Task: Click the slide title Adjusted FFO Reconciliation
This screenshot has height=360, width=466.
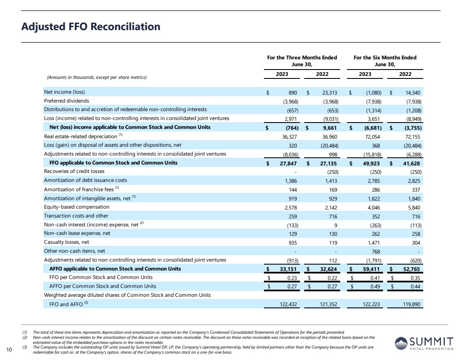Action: [x=91, y=27]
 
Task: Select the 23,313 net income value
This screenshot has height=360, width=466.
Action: [x=328, y=92]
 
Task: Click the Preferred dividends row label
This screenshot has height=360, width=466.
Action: [x=67, y=101]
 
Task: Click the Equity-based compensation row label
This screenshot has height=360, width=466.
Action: [x=77, y=207]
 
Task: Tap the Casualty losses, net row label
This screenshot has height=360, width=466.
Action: [x=67, y=242]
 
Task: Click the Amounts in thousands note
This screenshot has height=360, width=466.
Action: [x=96, y=77]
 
